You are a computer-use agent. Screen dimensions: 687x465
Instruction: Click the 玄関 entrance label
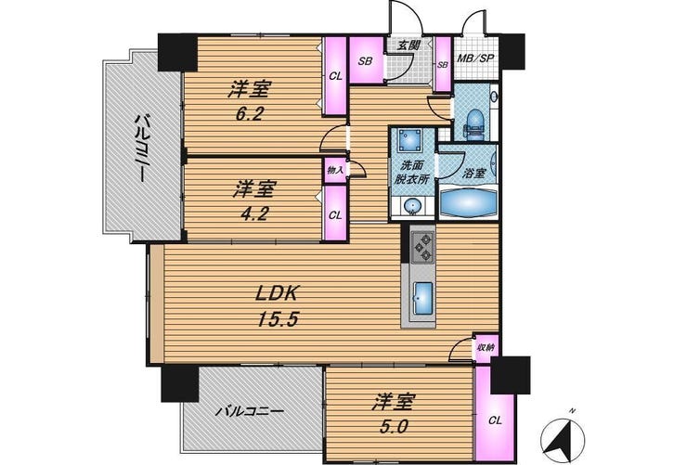408,45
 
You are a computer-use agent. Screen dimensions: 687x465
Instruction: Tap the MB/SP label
475,58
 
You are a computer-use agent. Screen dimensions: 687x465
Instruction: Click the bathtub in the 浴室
469,202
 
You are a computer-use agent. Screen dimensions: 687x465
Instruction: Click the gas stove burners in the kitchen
422,248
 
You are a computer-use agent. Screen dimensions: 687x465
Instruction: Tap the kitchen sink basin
423,298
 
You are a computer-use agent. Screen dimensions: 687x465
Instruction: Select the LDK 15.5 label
277,306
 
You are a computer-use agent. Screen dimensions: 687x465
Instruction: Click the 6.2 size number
249,114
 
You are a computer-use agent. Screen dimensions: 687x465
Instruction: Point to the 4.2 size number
254,213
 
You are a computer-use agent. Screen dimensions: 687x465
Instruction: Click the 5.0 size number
394,426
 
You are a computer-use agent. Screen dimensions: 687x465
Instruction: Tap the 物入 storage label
335,169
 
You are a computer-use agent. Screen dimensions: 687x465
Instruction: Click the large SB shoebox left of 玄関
367,60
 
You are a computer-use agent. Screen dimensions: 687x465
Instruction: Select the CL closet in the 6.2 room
335,77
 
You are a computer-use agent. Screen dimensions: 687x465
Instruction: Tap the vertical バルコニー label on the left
140,148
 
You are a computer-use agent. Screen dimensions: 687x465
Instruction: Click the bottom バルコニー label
251,411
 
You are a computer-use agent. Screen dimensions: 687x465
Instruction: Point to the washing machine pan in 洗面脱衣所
410,141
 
